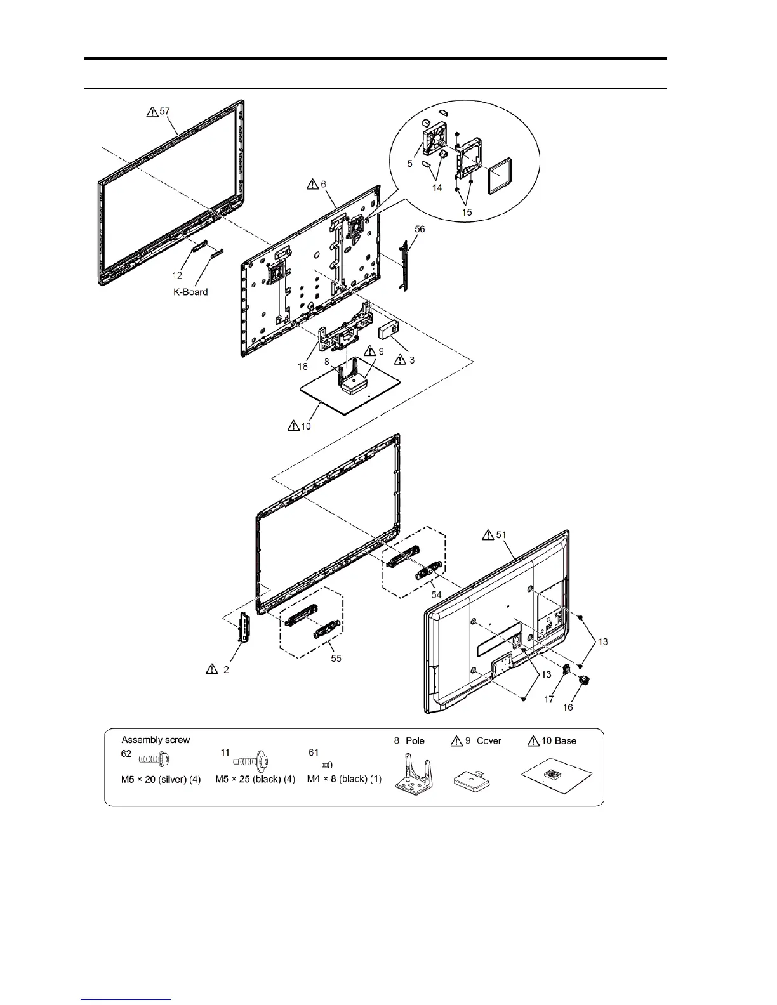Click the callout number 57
pyautogui.click(x=165, y=111)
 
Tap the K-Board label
pyautogui.click(x=190, y=292)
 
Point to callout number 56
pyautogui.click(x=420, y=229)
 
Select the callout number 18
pyautogui.click(x=303, y=367)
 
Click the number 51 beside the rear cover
pyautogui.click(x=501, y=535)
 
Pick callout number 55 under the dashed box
pyautogui.click(x=336, y=658)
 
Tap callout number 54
pyautogui.click(x=437, y=594)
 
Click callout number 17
pyautogui.click(x=548, y=699)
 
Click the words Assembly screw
pyautogui.click(x=156, y=739)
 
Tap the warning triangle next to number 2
pyautogui.click(x=211, y=669)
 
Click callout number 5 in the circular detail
pyautogui.click(x=410, y=163)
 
